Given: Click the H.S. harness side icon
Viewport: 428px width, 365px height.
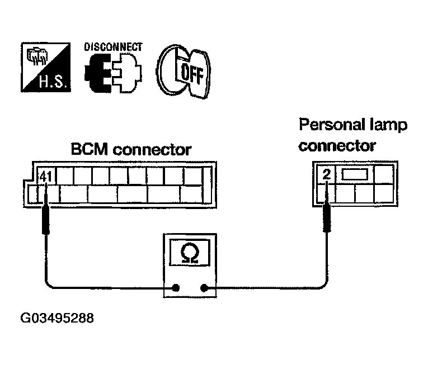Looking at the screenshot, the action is tap(46, 67).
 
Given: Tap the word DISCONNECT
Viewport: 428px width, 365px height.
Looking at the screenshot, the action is tap(113, 47).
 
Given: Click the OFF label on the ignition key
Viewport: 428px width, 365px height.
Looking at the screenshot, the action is tap(192, 73).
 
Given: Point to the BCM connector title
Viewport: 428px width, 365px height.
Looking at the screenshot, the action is tap(131, 149).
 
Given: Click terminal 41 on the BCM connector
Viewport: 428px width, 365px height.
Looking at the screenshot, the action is tap(46, 177).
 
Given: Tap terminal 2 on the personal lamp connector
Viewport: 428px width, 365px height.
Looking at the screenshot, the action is tap(327, 174).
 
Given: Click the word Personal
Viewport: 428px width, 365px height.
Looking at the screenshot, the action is tap(332, 125).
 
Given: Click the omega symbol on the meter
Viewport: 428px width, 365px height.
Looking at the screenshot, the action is tap(190, 253).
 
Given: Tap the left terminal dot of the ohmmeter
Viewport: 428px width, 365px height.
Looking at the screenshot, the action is tap(176, 287).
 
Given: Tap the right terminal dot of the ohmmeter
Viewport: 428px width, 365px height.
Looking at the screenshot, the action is tap(204, 287).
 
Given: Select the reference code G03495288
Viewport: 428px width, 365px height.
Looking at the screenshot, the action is tap(57, 318).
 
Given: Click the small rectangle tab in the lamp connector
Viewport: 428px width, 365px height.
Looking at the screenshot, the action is tap(355, 174).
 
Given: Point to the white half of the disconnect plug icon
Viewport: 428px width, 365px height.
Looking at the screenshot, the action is tap(126, 73).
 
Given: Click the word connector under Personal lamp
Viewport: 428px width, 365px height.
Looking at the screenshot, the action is tap(337, 146).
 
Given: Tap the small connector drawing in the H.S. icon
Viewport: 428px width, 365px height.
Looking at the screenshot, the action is tap(36, 57).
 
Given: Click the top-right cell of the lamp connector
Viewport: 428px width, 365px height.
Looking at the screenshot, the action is tap(383, 174).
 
